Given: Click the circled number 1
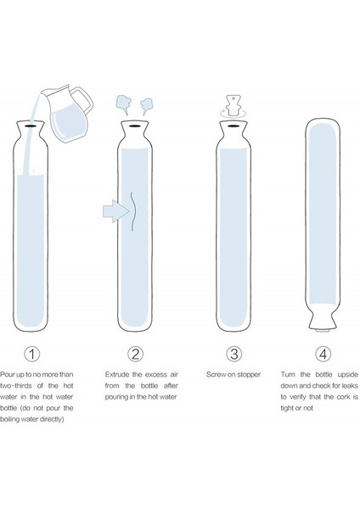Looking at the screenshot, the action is pyautogui.click(x=32, y=354).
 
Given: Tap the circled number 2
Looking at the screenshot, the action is pyautogui.click(x=136, y=354).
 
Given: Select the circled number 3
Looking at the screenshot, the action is pyautogui.click(x=234, y=354).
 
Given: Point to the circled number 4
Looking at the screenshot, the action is pyautogui.click(x=323, y=354).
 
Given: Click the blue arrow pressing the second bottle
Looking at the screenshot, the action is pyautogui.click(x=115, y=211).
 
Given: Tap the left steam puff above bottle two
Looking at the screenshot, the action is pyautogui.click(x=124, y=104).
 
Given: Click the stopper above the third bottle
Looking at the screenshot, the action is pyautogui.click(x=233, y=105).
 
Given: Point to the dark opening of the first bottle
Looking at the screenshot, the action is pyautogui.click(x=31, y=126).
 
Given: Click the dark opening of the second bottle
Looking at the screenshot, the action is pyautogui.click(x=134, y=126).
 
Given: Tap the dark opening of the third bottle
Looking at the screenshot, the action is pyautogui.click(x=233, y=126).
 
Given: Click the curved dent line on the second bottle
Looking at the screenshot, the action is pyautogui.click(x=134, y=211).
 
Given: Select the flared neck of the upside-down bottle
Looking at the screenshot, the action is pyautogui.click(x=323, y=319).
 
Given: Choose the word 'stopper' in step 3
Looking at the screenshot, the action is pyautogui.click(x=249, y=375).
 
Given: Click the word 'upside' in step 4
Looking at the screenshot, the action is pyautogui.click(x=347, y=375).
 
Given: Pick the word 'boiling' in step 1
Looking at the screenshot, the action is pyautogui.click(x=10, y=419).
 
